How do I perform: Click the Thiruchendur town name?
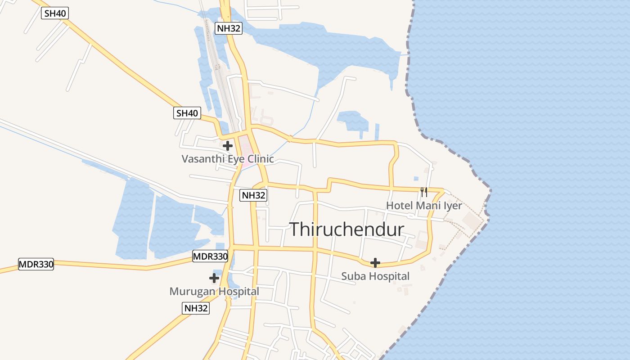346,229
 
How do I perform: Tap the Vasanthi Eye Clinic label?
227,159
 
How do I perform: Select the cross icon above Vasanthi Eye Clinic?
228,146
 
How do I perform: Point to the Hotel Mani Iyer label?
424,206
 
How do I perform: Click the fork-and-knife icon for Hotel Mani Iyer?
423,192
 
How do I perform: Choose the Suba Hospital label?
375,276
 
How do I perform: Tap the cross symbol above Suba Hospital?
375,263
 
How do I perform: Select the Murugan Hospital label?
214,292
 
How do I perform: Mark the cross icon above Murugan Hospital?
214,279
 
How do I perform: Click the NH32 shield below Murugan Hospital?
196,308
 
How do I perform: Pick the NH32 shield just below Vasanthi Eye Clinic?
253,195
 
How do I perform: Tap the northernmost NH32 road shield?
229,28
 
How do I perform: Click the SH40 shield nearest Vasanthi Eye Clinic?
187,113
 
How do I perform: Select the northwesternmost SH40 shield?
55,13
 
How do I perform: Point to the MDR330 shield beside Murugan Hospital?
210,257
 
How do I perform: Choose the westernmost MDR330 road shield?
36,264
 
